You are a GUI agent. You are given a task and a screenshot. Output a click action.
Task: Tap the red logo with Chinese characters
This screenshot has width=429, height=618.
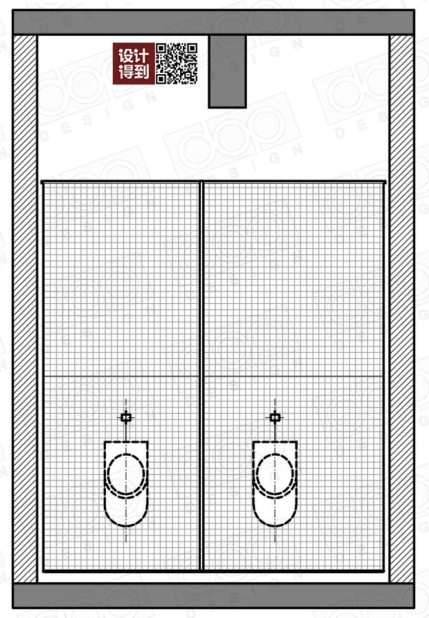[x=133, y=63]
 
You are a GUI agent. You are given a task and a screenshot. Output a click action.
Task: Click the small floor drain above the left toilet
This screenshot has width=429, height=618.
[x=126, y=417]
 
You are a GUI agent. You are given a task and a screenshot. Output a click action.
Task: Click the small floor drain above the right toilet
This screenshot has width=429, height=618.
[x=275, y=417]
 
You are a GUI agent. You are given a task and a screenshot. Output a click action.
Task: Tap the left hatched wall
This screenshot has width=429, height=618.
[x=25, y=309]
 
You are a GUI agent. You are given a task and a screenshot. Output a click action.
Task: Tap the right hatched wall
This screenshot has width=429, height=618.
[x=401, y=309]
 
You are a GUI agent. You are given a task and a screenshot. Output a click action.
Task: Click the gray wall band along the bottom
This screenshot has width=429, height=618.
[x=213, y=595]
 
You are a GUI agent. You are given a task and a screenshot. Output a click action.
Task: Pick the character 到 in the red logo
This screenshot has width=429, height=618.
[x=142, y=72]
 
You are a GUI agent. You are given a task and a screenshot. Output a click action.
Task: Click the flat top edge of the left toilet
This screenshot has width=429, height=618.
[x=126, y=441]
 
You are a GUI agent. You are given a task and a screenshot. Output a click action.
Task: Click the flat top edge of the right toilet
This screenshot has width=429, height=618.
[x=275, y=441]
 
